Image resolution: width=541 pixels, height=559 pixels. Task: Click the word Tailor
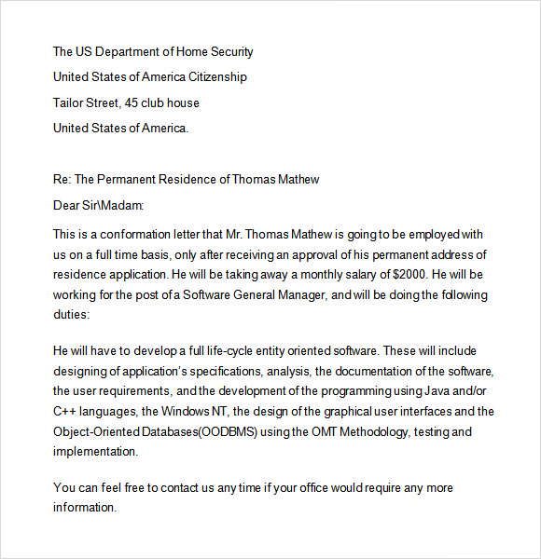pos(70,102)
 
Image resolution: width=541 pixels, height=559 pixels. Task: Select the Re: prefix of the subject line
pos(62,179)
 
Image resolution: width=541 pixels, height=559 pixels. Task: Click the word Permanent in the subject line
pos(128,179)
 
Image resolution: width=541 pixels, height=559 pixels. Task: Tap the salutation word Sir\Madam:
pos(117,204)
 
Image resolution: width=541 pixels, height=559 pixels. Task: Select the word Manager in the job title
pos(300,295)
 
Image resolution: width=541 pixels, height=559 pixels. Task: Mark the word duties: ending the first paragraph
pos(71,316)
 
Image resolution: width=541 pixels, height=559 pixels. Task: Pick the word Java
pos(443,391)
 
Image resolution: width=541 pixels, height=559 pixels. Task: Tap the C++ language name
pos(66,412)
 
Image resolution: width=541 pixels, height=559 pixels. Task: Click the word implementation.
pos(95,452)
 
